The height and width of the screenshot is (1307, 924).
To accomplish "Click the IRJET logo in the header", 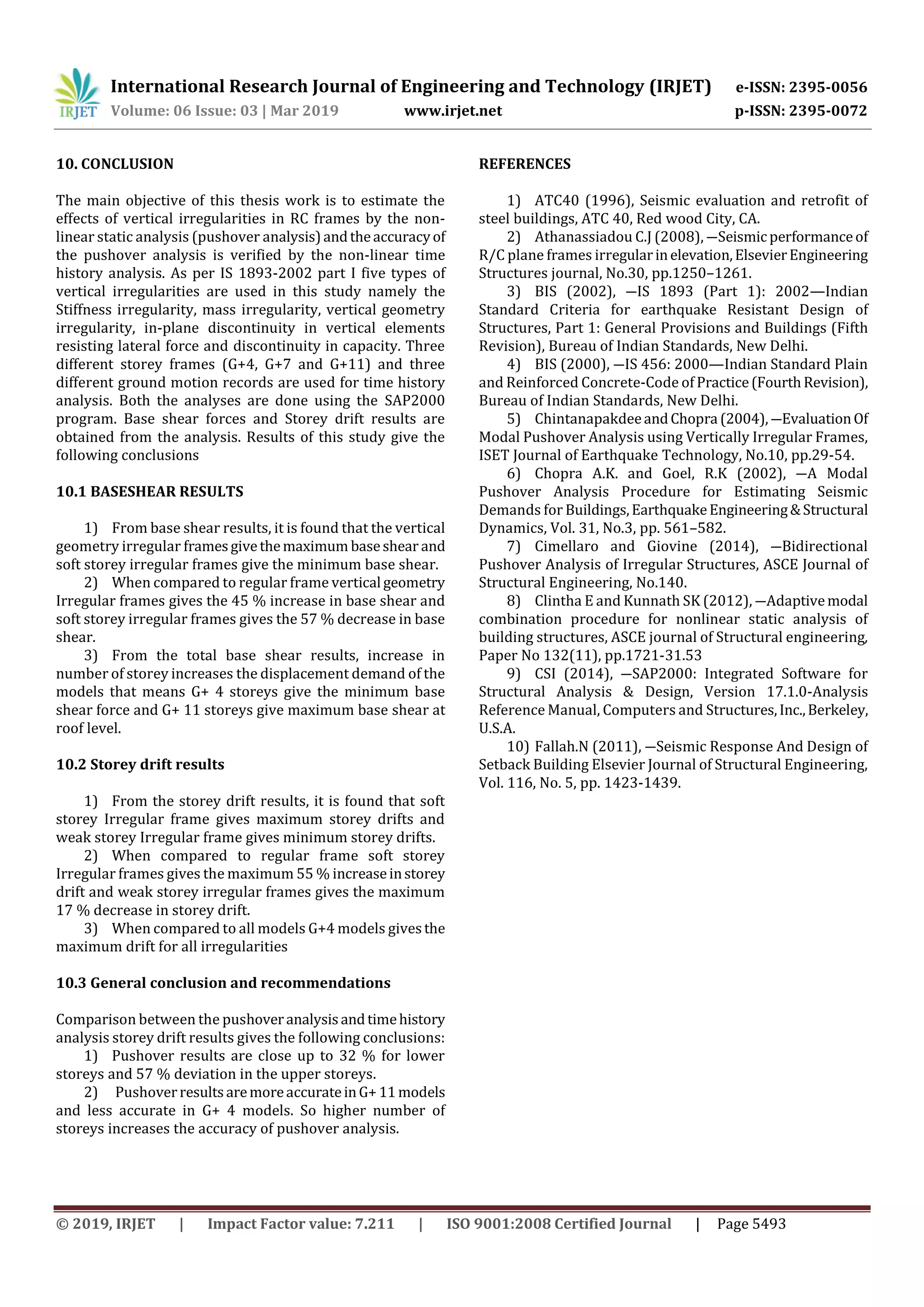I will [x=78, y=94].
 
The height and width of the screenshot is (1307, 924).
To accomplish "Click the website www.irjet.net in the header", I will [x=453, y=111].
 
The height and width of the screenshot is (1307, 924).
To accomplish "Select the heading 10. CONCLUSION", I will [x=115, y=164].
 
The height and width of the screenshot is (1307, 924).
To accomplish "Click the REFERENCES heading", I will [x=524, y=164].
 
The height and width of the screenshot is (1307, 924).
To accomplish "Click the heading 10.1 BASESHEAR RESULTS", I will [x=149, y=491].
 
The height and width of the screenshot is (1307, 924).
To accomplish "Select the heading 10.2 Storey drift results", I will [x=140, y=765].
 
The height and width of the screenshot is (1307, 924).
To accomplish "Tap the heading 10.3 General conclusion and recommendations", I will [x=223, y=983].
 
